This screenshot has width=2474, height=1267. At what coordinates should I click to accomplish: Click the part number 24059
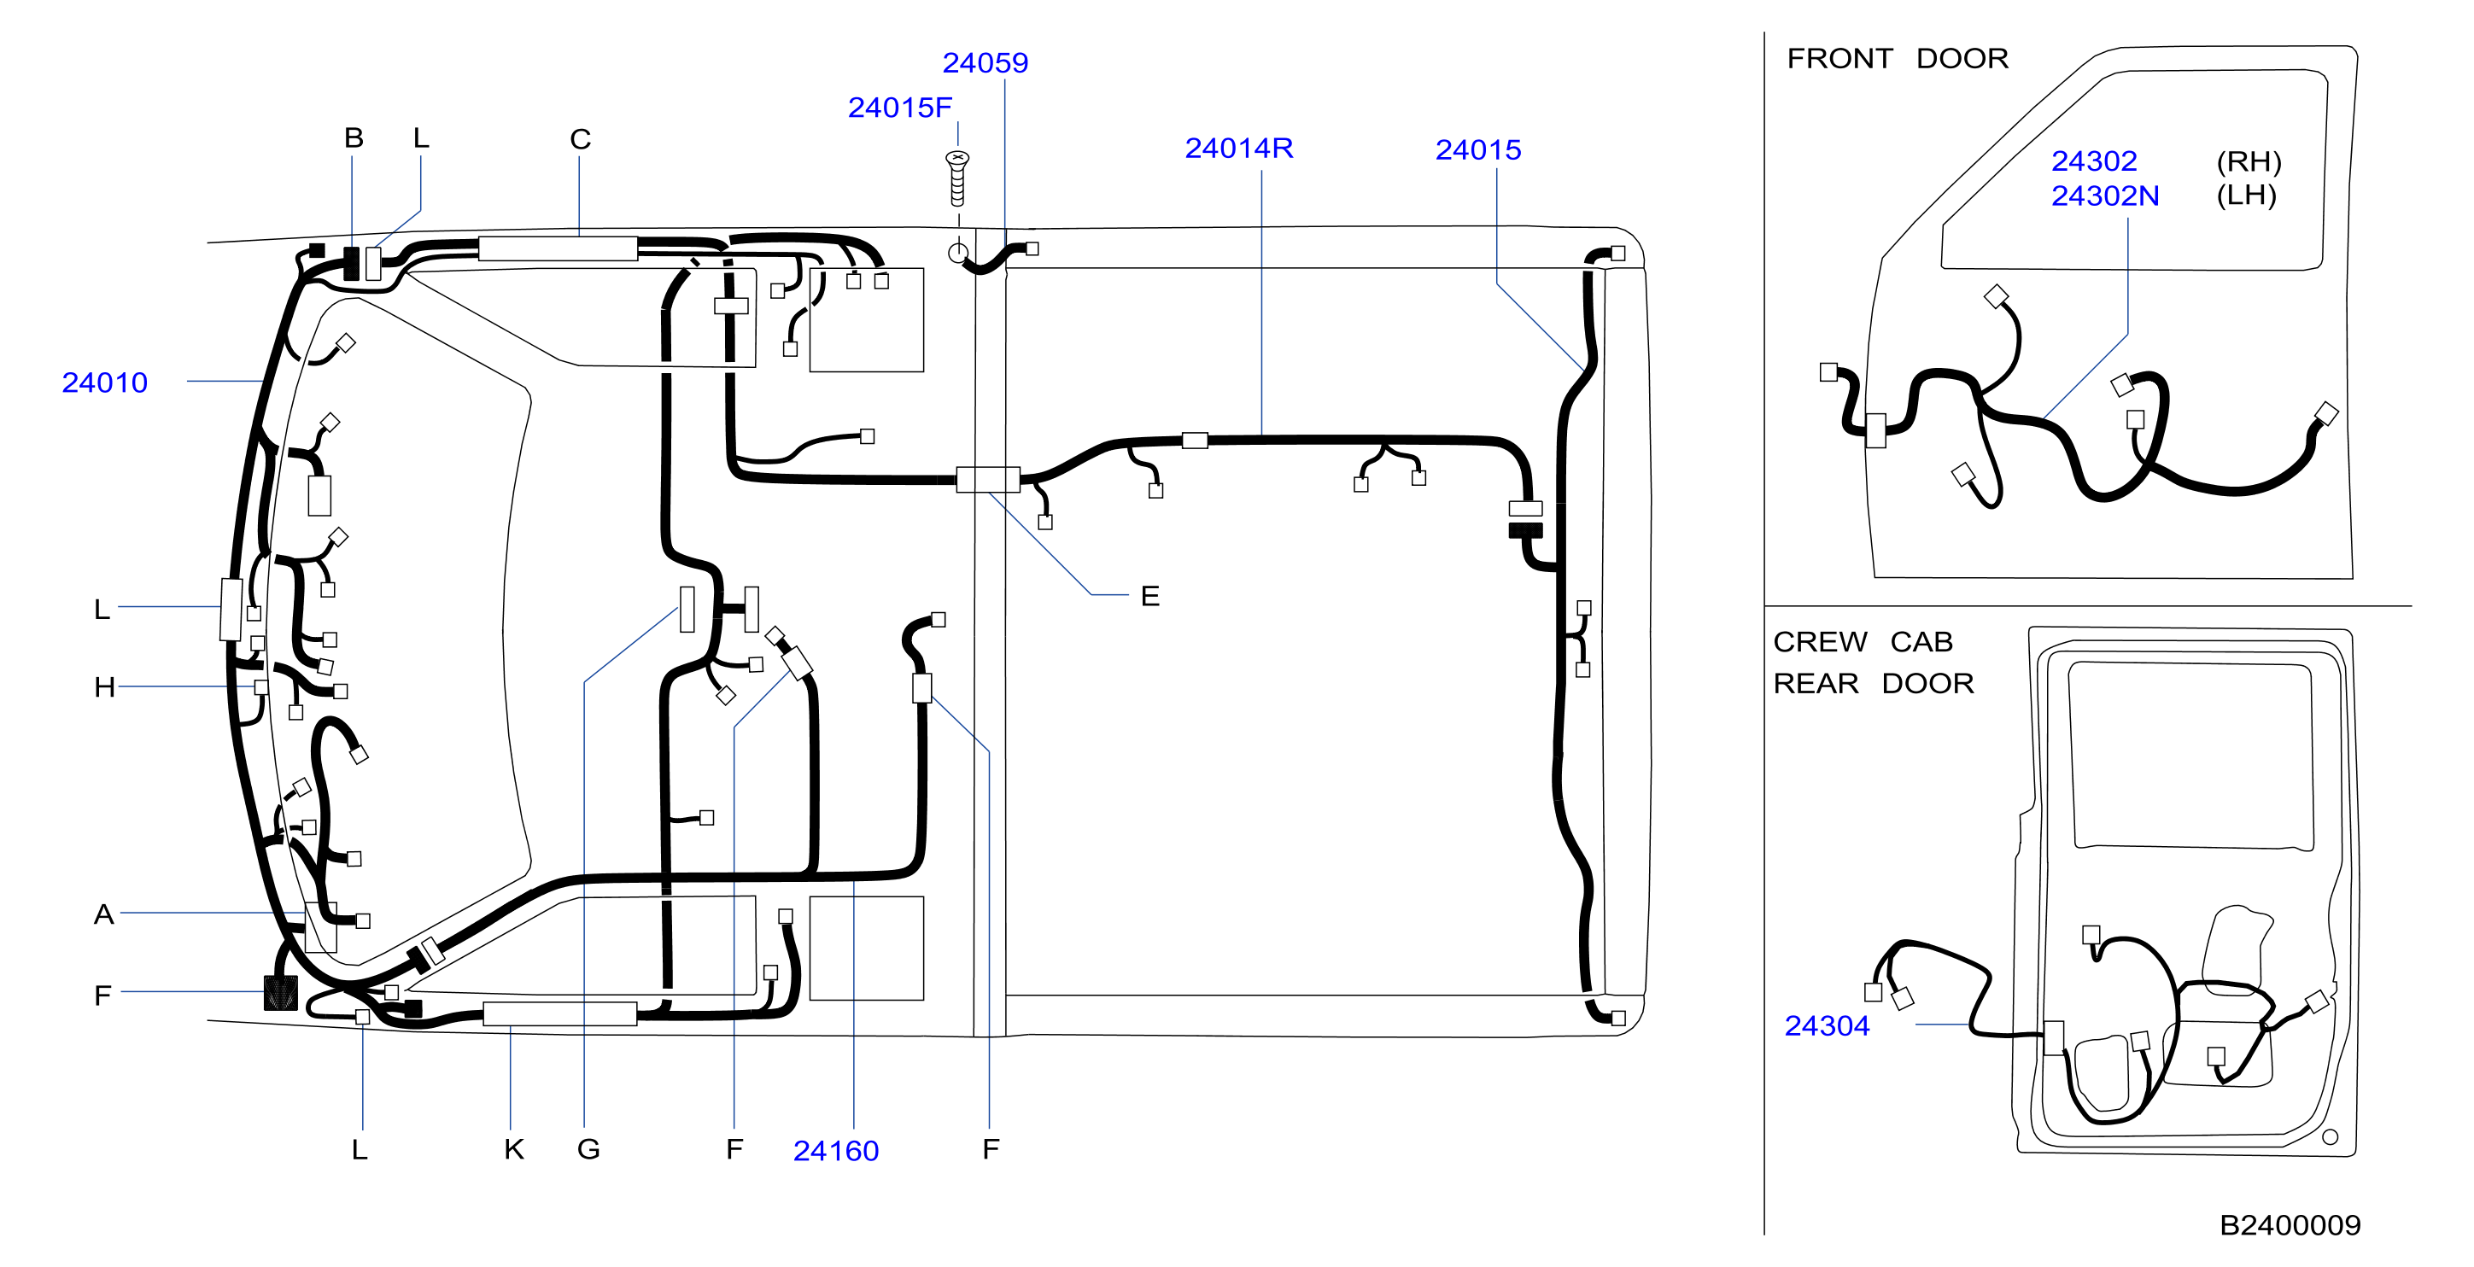[x=985, y=63]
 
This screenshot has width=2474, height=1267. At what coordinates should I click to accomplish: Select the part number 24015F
[x=900, y=108]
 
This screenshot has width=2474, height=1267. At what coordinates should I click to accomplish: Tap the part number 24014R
[x=1239, y=149]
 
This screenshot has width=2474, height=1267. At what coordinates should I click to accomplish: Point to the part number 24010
[x=105, y=383]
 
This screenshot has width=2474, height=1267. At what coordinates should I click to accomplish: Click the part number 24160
[x=835, y=1151]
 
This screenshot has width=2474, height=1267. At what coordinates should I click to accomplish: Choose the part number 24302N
[x=2105, y=196]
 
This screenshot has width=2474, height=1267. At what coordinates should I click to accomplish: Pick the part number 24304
[x=1827, y=1026]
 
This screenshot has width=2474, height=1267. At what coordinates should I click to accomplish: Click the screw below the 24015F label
[x=957, y=178]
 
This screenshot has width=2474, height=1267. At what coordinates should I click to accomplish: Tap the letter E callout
[x=1149, y=597]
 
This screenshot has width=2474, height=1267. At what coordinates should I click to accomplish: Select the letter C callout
[x=580, y=140]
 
